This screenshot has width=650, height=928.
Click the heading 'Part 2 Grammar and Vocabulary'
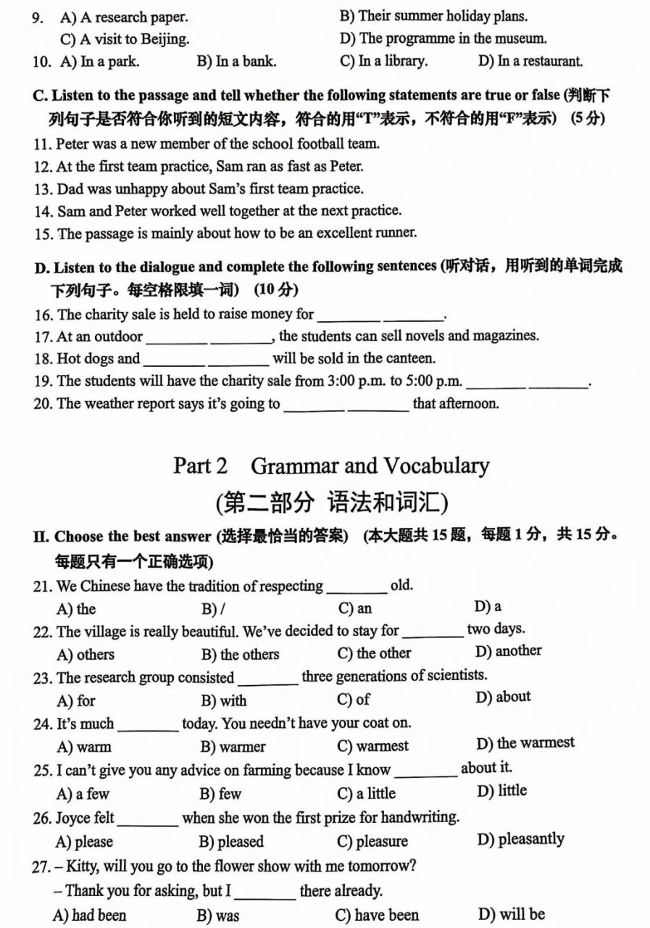(331, 465)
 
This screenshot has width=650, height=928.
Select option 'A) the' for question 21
(76, 609)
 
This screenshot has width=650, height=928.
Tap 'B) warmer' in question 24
(233, 746)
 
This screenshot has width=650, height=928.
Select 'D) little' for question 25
(501, 790)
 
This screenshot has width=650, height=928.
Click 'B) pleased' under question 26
(231, 842)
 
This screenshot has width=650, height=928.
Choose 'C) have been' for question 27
(378, 915)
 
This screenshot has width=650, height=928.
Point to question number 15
(43, 233)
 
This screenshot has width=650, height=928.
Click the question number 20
(43, 403)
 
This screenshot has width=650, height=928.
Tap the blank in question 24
(148, 726)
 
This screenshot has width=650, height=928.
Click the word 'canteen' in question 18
(411, 358)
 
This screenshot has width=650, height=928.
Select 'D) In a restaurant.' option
(530, 62)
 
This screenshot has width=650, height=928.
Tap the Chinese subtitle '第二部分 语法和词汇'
(331, 502)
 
